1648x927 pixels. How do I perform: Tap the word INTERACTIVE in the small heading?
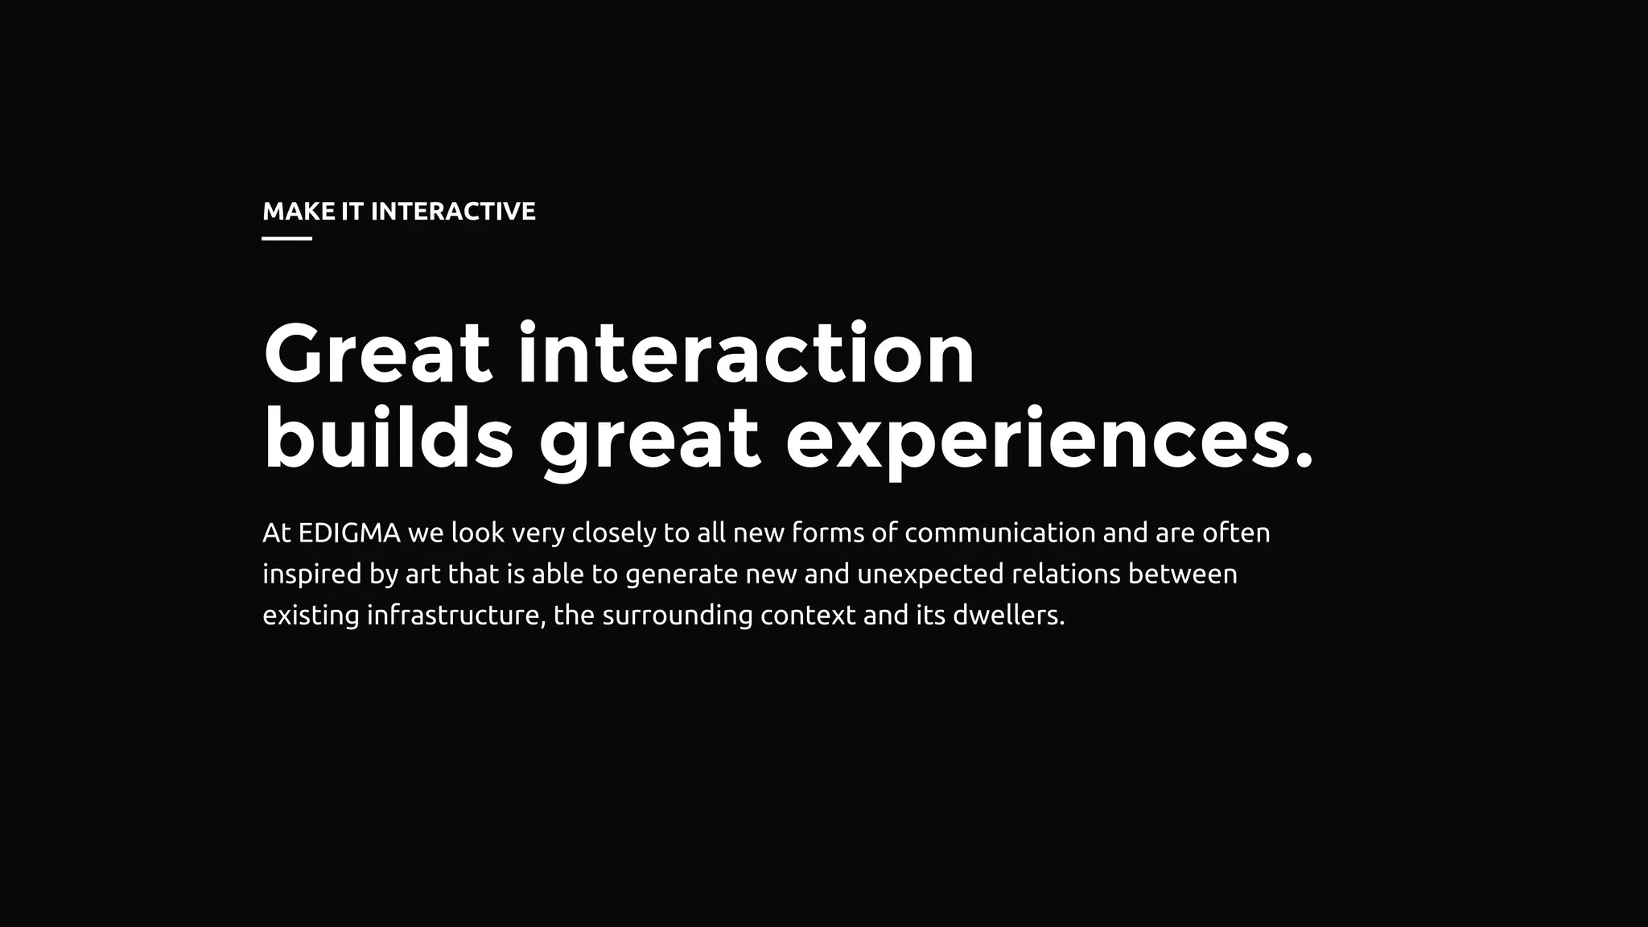point(453,212)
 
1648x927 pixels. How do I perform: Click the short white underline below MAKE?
point(287,238)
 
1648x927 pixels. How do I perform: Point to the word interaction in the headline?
point(746,354)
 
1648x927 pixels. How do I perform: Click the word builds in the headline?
point(389,439)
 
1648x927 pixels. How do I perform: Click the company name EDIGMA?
point(349,534)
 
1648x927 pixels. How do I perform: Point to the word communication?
point(1000,534)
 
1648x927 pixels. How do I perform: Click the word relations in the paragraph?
point(1066,575)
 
